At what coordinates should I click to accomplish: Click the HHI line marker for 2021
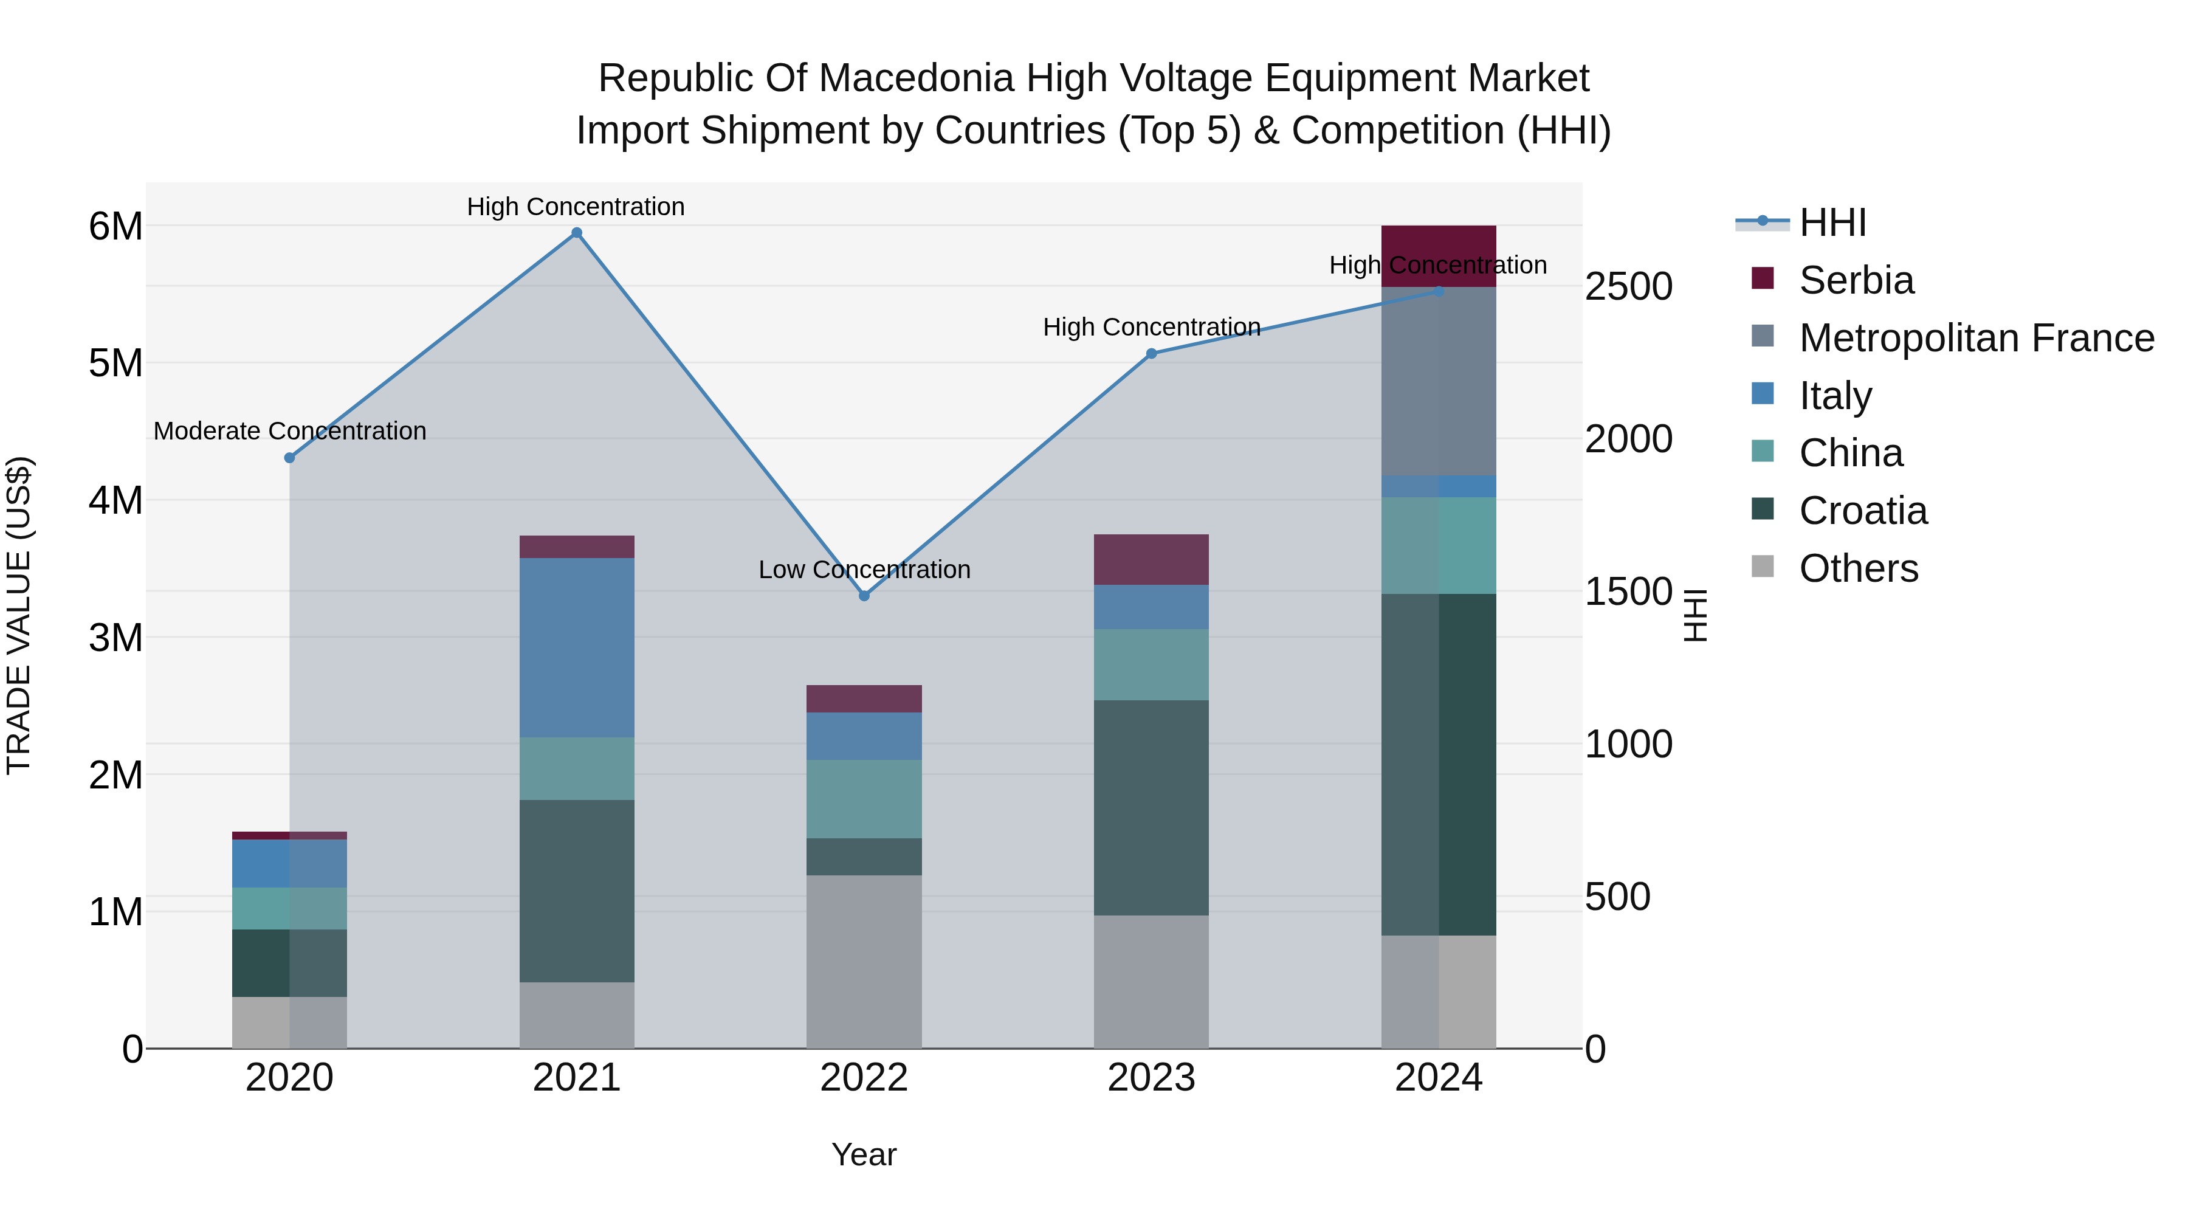tap(577, 233)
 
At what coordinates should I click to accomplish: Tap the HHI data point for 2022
tap(864, 596)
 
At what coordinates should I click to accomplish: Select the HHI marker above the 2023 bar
tap(1151, 353)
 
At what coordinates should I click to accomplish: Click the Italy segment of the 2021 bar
tap(577, 647)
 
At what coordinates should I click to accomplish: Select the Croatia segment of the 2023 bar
tap(1151, 807)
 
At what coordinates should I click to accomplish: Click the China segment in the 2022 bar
tap(864, 799)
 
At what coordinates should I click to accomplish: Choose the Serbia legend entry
tap(1856, 280)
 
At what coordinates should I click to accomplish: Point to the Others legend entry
tap(1857, 568)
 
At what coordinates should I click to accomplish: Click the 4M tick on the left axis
tap(115, 500)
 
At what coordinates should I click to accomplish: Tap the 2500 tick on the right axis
tap(1628, 286)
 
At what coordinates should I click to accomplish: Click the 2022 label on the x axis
tap(864, 1078)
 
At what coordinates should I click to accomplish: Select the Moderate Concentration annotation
tap(290, 431)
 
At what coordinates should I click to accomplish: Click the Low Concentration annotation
tap(864, 569)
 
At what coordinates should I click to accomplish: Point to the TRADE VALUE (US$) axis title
tap(19, 615)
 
